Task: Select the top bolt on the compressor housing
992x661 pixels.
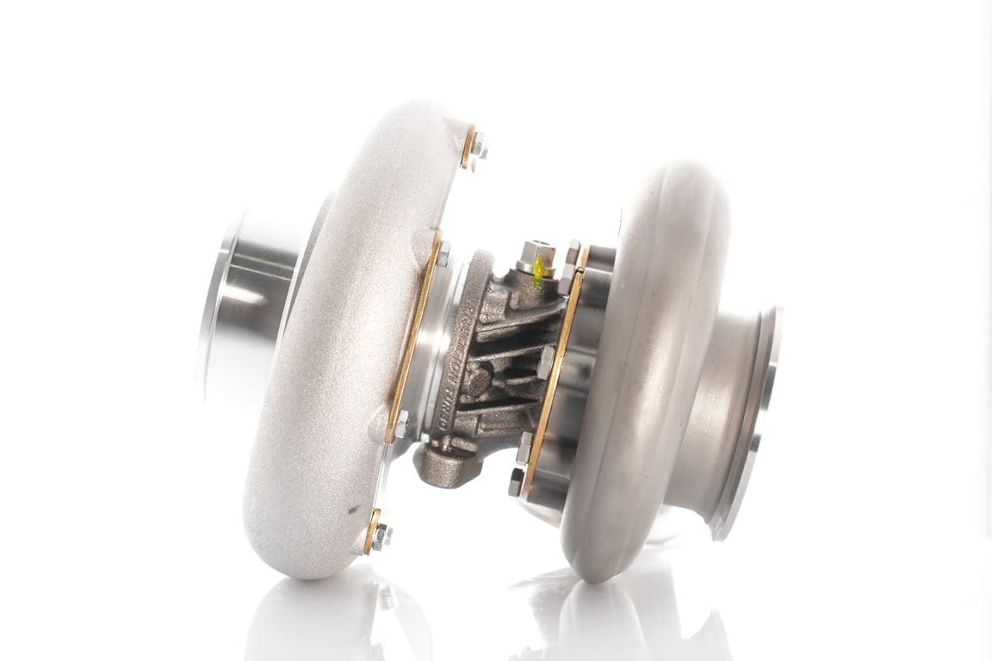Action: tap(478, 144)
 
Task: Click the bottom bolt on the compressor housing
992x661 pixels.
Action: tap(380, 534)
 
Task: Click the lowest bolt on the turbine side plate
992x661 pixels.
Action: tap(517, 483)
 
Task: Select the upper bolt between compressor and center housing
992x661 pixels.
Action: tap(443, 253)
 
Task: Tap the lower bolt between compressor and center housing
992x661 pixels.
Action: tap(400, 424)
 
